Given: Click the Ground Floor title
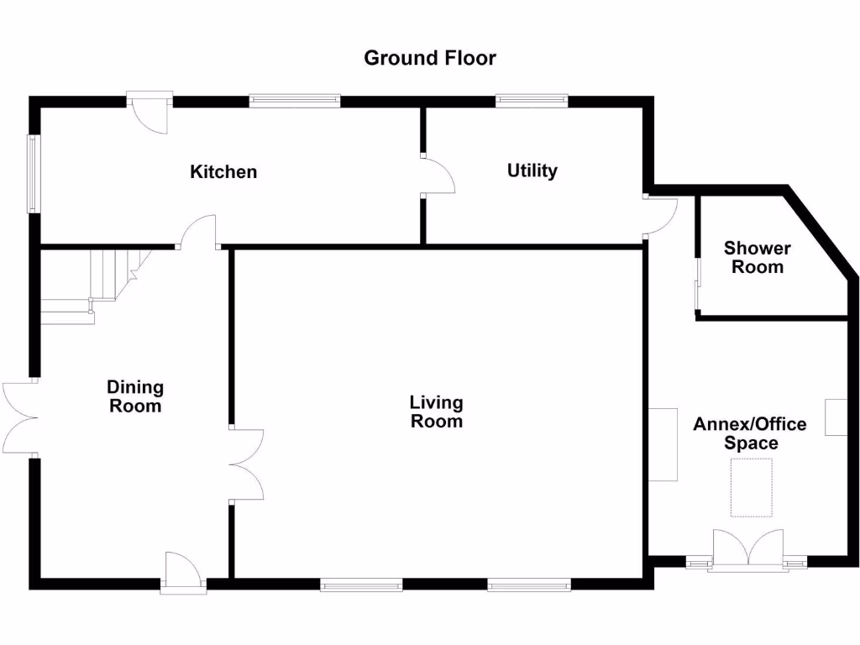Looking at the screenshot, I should pyautogui.click(x=429, y=58).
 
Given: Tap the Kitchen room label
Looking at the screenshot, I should pyautogui.click(x=223, y=172).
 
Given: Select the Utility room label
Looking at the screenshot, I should pyautogui.click(x=532, y=170).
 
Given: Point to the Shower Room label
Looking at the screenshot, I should pyautogui.click(x=758, y=258).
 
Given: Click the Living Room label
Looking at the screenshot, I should pyautogui.click(x=436, y=412).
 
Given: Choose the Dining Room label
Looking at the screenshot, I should pyautogui.click(x=134, y=396).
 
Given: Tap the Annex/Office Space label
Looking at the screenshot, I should pyautogui.click(x=749, y=433).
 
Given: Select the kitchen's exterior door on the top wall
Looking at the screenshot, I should pyautogui.click(x=151, y=113).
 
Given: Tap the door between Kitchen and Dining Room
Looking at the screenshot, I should pyautogui.click(x=199, y=232).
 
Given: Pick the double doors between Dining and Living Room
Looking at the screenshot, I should pyautogui.click(x=247, y=465).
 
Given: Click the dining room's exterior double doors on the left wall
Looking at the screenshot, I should pyautogui.click(x=18, y=418).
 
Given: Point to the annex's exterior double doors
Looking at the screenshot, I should pyautogui.click(x=747, y=550).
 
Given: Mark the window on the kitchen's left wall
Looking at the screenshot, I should pyautogui.click(x=33, y=174).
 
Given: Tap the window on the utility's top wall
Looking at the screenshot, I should pyautogui.click(x=532, y=102).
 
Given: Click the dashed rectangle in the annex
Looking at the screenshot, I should pyautogui.click(x=751, y=487).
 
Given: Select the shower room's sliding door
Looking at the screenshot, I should pyautogui.click(x=696, y=286).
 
